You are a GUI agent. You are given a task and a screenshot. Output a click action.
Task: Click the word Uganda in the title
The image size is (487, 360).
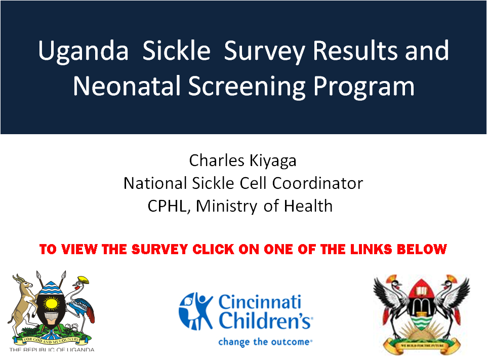click(83, 51)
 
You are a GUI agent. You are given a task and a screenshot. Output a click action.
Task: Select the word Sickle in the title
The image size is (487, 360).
click(176, 50)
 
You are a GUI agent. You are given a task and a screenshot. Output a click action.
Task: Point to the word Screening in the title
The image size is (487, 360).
click(247, 87)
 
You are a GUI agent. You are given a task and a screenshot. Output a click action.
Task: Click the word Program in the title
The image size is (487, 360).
click(363, 87)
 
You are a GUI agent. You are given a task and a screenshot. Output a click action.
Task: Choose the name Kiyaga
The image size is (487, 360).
click(273, 161)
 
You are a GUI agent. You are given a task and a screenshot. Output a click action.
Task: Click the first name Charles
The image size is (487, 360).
click(217, 161)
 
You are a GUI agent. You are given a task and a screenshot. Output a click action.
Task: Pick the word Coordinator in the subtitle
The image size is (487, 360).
click(317, 183)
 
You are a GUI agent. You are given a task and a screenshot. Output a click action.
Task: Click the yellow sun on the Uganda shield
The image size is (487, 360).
click(51, 303)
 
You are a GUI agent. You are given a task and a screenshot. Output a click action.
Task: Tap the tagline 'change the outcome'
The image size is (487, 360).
click(264, 342)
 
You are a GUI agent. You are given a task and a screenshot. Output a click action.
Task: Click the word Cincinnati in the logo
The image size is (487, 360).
click(260, 301)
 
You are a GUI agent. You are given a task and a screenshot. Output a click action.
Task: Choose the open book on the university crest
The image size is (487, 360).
click(421, 291)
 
